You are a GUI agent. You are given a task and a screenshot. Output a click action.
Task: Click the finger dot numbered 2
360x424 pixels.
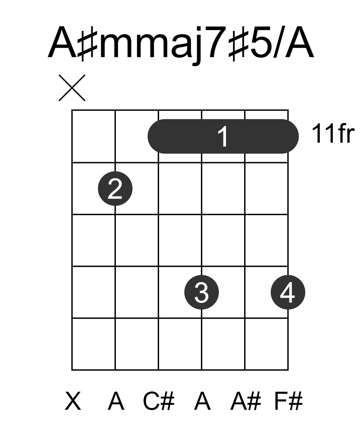[x=115, y=189]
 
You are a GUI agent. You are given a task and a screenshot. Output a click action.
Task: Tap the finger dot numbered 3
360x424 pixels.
[x=201, y=292]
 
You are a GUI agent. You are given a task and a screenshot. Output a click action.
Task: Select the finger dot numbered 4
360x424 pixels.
[x=288, y=292]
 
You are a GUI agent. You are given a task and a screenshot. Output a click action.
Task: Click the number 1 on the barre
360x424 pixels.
[x=223, y=136]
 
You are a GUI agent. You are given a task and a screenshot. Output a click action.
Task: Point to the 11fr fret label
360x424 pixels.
[x=333, y=133]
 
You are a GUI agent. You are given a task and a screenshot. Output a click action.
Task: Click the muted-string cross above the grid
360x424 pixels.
[x=72, y=88]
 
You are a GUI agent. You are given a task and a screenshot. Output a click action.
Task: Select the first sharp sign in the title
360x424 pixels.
[x=87, y=44]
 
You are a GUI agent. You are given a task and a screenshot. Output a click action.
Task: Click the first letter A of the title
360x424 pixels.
[x=63, y=42]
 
